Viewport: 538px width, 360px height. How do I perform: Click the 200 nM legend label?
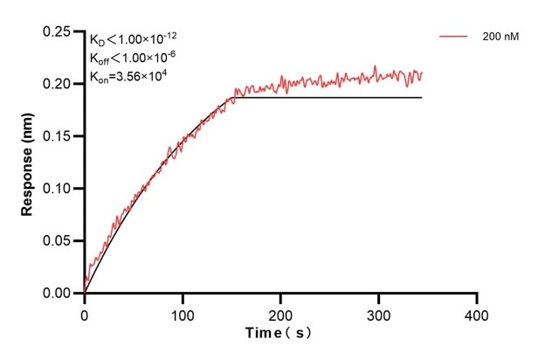(x=500, y=37)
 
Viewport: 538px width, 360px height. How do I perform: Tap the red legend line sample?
(x=455, y=37)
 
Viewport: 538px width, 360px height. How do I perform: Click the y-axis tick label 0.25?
(x=59, y=31)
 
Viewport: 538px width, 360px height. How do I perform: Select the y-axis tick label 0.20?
(x=59, y=84)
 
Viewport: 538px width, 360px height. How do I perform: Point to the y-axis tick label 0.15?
(x=59, y=136)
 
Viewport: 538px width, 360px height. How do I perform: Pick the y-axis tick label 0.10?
(x=59, y=189)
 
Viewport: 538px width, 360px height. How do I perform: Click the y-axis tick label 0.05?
(x=59, y=241)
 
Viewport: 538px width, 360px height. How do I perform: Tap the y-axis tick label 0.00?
(x=59, y=294)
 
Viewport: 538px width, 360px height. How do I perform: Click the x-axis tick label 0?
(x=85, y=312)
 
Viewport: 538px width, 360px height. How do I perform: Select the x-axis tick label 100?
(x=183, y=312)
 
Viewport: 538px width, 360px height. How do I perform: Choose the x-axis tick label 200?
(x=280, y=312)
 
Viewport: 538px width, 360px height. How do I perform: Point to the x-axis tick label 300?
(x=378, y=312)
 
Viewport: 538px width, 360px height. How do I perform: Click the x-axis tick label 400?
(x=476, y=312)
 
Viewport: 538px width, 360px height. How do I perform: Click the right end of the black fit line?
(x=422, y=97)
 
